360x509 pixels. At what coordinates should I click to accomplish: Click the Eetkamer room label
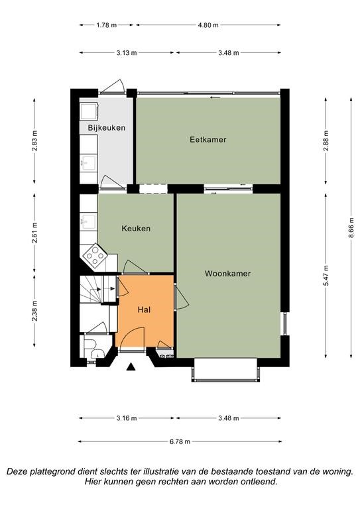(x=208, y=140)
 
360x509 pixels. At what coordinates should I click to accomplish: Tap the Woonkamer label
(x=227, y=274)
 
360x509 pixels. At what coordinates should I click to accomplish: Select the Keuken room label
(x=136, y=229)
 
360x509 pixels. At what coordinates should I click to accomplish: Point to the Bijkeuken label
(x=107, y=128)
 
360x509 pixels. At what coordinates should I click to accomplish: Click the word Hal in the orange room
(x=144, y=310)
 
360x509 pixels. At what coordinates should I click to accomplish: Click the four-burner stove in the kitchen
(x=95, y=255)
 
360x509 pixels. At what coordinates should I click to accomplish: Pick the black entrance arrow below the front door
(x=131, y=367)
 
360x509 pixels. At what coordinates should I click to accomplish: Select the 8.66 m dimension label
(x=351, y=227)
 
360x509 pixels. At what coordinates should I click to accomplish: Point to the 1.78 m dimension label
(x=107, y=25)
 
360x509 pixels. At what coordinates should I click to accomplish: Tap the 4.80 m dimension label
(x=208, y=25)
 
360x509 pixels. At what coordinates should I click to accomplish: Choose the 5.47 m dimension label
(x=326, y=276)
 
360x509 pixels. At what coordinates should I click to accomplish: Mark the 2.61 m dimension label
(x=34, y=233)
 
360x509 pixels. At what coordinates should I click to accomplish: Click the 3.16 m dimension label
(x=127, y=418)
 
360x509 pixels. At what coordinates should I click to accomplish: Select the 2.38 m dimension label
(x=34, y=311)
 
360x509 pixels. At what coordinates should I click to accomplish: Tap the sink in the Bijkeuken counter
(x=88, y=162)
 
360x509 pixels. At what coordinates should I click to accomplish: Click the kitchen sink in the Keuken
(x=88, y=221)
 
